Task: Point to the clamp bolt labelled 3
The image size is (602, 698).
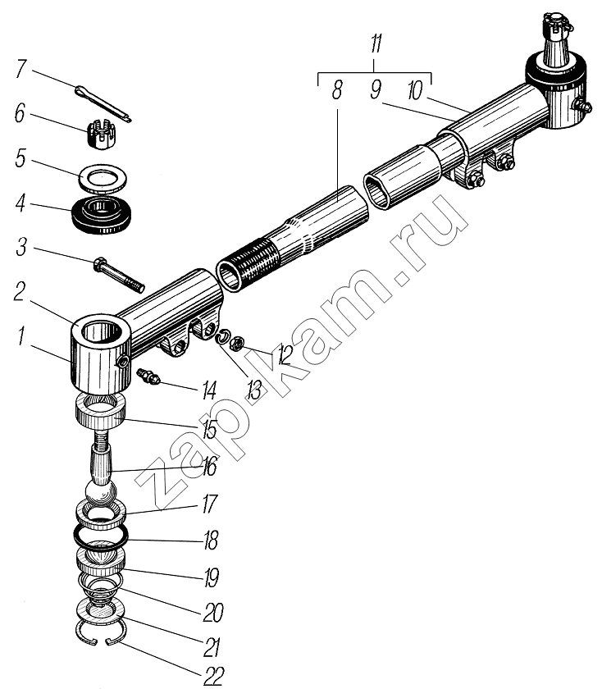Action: tap(118, 276)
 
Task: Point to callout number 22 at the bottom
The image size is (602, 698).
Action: tap(212, 674)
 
